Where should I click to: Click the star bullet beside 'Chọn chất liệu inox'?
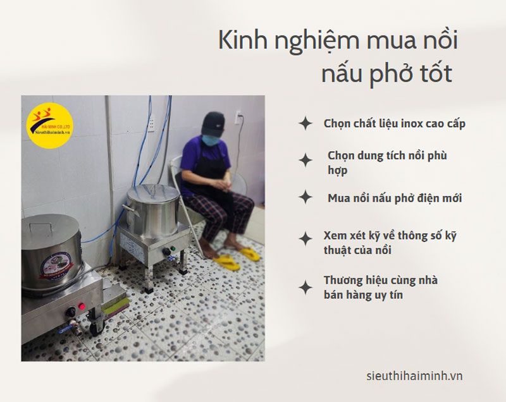305,123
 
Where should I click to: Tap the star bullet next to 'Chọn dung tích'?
305,161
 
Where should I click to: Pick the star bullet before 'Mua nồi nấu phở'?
305,198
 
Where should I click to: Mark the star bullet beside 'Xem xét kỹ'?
305,238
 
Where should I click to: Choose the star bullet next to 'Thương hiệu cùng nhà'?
305,288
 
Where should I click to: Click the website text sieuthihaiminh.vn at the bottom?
414,375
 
